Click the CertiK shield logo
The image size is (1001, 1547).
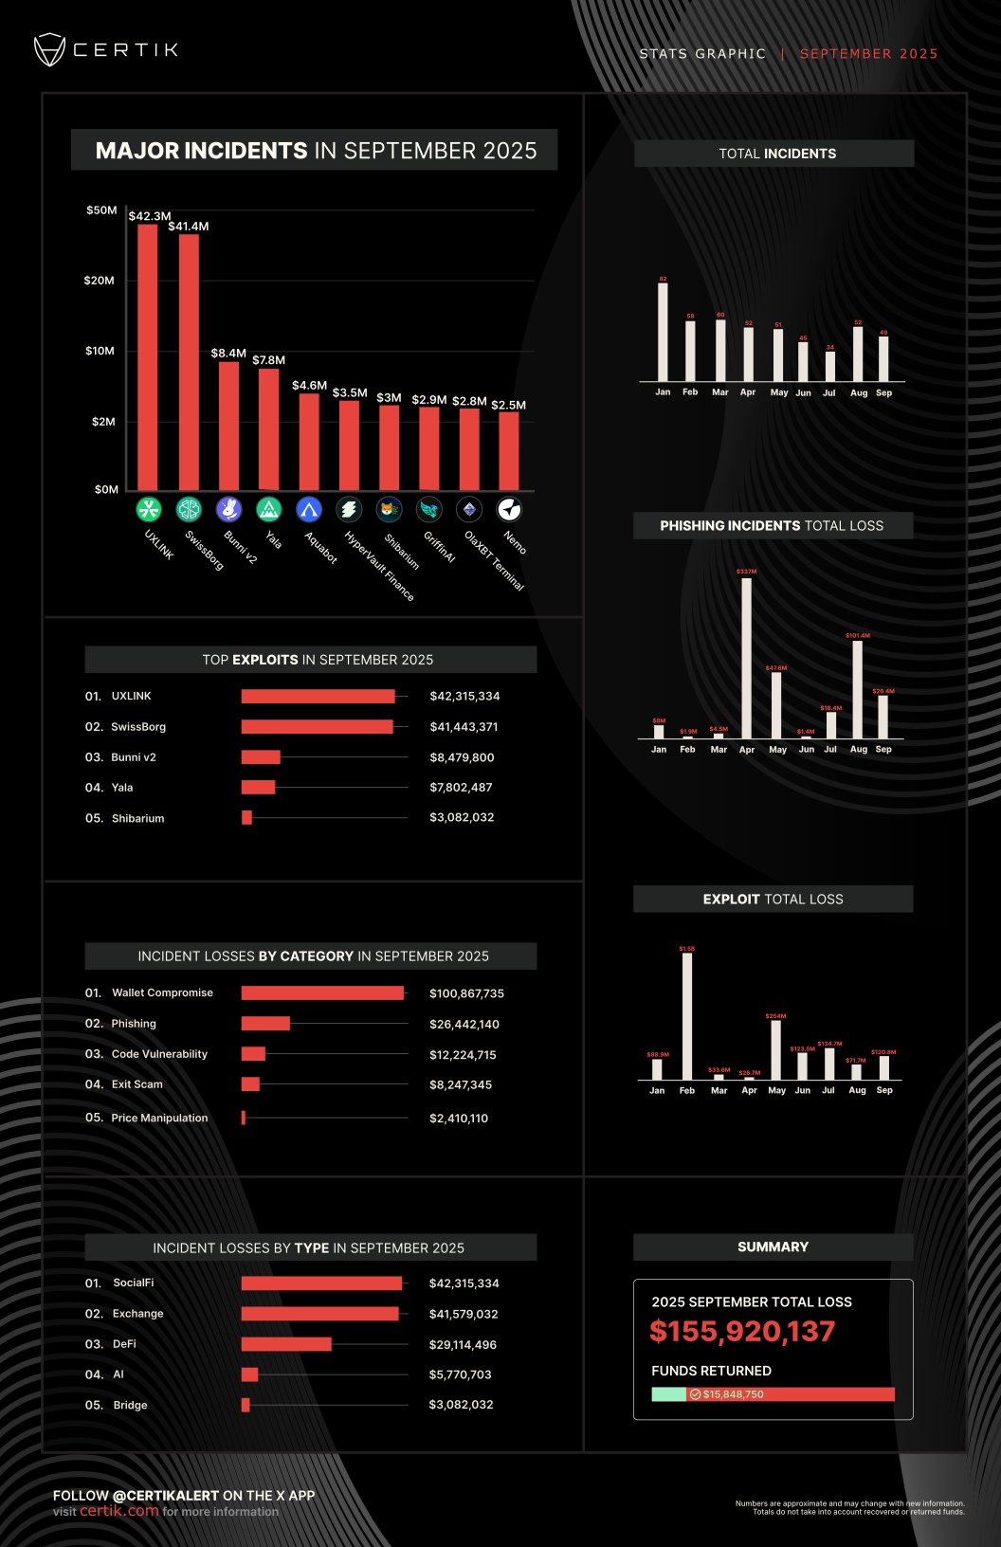(x=49, y=50)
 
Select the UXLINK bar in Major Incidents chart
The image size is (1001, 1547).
(x=148, y=356)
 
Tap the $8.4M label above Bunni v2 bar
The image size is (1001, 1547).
(x=228, y=354)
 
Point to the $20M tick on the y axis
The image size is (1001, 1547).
(x=99, y=281)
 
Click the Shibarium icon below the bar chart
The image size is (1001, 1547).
(x=389, y=510)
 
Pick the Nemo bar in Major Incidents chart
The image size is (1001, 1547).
(x=509, y=450)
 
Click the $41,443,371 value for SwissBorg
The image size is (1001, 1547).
(x=464, y=727)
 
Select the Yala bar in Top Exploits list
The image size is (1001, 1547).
(x=258, y=788)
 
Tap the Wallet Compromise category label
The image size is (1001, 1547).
(x=162, y=993)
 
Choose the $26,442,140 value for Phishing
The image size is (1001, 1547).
(x=464, y=1025)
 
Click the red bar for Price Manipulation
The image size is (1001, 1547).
(x=244, y=1119)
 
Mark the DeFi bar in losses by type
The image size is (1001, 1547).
(x=286, y=1344)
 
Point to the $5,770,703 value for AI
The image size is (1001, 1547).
(x=460, y=1374)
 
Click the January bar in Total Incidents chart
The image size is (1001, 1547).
(x=663, y=332)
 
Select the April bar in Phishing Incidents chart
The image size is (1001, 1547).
(x=747, y=658)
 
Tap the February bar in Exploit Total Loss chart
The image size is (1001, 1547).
(x=687, y=1016)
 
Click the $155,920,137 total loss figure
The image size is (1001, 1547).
(x=742, y=1332)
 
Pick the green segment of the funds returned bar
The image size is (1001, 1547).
(x=668, y=1394)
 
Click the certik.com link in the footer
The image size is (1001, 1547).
(x=119, y=1511)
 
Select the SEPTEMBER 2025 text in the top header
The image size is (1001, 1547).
(x=868, y=54)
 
